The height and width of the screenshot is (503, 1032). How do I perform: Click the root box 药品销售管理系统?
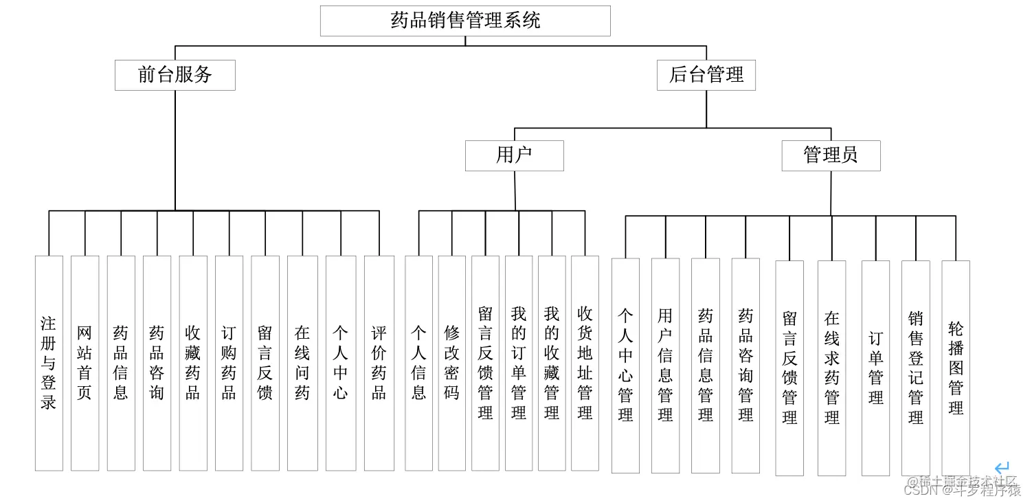click(x=465, y=21)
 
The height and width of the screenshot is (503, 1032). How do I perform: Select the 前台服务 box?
click(x=175, y=75)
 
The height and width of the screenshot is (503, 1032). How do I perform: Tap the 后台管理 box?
click(x=706, y=75)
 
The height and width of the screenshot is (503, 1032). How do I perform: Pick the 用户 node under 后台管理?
click(x=514, y=155)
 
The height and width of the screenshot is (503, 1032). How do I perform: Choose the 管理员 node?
click(x=831, y=155)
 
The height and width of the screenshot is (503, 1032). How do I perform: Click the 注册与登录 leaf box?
click(x=49, y=363)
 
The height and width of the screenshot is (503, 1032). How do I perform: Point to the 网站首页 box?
click(x=85, y=363)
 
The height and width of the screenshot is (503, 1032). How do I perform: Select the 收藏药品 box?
click(x=193, y=363)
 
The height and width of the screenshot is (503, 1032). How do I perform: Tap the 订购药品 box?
click(x=229, y=363)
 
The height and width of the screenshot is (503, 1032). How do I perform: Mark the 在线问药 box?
click(x=302, y=363)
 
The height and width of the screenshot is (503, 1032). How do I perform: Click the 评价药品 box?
click(x=379, y=363)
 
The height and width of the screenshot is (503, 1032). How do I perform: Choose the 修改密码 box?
click(x=451, y=363)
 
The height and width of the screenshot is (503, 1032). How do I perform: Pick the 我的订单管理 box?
click(x=519, y=363)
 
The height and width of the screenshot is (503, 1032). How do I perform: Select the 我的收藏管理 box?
click(x=552, y=363)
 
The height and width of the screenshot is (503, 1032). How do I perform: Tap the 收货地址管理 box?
click(x=585, y=363)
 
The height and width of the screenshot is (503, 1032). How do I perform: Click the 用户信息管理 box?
click(x=665, y=365)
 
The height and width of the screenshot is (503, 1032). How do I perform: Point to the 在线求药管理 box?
click(x=831, y=368)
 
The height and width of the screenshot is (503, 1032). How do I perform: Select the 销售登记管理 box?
click(x=915, y=368)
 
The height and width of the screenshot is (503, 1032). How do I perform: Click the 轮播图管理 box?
click(x=956, y=368)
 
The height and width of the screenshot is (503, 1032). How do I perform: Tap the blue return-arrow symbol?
click(x=1002, y=468)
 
